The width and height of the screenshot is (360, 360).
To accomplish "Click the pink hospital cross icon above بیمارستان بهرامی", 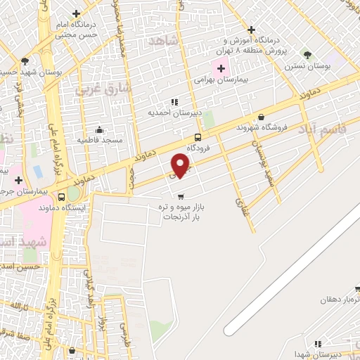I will (x=222, y=69).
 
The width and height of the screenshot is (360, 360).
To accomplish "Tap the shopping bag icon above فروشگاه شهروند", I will (x=262, y=117).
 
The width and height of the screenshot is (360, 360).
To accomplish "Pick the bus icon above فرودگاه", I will (x=198, y=138).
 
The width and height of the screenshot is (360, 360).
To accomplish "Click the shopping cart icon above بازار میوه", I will (x=181, y=196).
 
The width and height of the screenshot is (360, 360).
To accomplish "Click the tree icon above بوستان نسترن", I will (x=307, y=54).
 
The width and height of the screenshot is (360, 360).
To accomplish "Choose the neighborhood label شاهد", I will (x=165, y=41).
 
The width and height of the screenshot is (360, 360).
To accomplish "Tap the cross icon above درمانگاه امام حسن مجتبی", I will (x=75, y=13).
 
